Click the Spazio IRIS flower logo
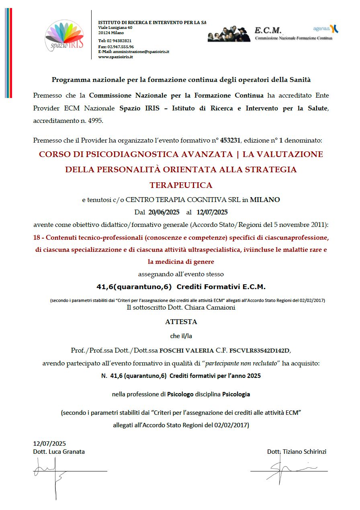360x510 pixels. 64,35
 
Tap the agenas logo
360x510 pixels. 326,29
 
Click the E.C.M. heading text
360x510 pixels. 268,31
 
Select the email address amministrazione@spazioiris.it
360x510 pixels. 141,52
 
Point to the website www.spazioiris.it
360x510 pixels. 115,57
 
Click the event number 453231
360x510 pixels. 232,141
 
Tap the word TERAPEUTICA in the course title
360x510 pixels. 181,185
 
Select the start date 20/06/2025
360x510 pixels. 164,212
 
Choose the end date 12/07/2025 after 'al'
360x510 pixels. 213,212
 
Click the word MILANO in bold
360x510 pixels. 265,199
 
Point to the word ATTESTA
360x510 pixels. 181,322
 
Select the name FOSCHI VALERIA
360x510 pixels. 183,350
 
